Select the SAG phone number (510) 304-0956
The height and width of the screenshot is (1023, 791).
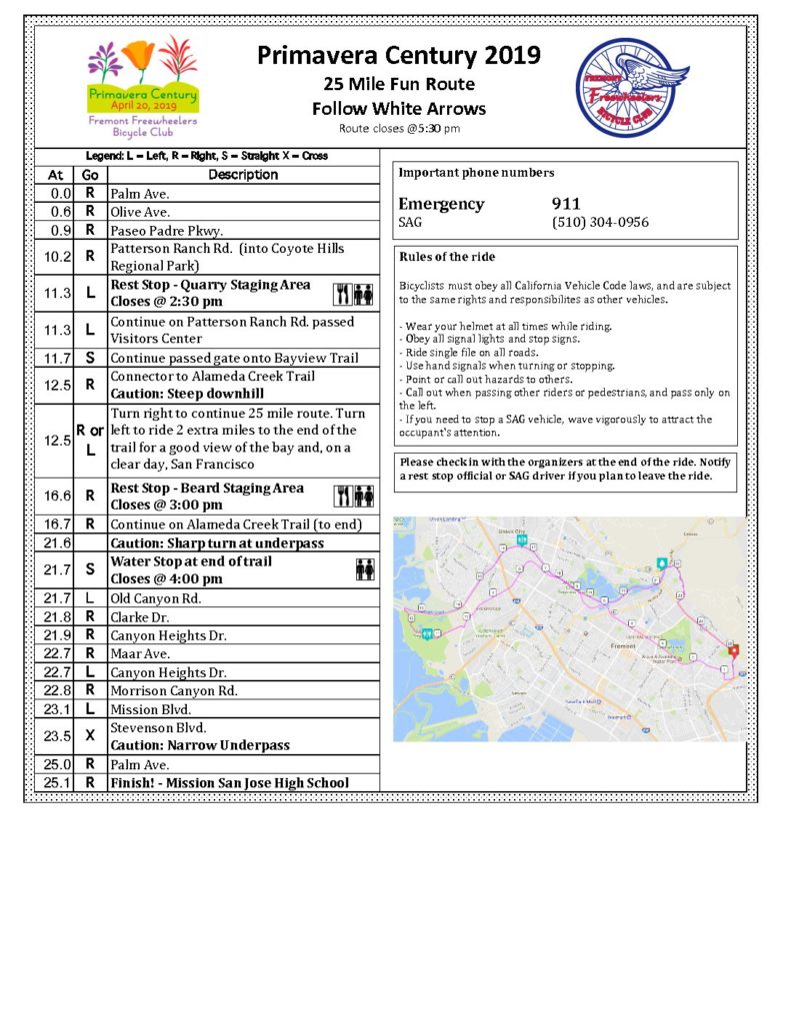[x=600, y=222]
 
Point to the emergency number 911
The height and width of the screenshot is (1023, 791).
[x=566, y=204]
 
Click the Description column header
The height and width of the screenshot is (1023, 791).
[x=243, y=175]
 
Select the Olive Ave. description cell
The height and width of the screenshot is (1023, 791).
[x=140, y=212]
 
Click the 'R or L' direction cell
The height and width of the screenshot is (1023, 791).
[x=89, y=440]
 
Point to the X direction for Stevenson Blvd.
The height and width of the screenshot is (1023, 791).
[x=89, y=736]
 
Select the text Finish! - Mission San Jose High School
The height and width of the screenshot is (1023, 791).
[x=229, y=782]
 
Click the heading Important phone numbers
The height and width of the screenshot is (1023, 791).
[x=476, y=173]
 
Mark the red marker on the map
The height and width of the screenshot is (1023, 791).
[x=733, y=650]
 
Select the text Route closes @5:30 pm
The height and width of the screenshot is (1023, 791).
[x=399, y=129]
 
